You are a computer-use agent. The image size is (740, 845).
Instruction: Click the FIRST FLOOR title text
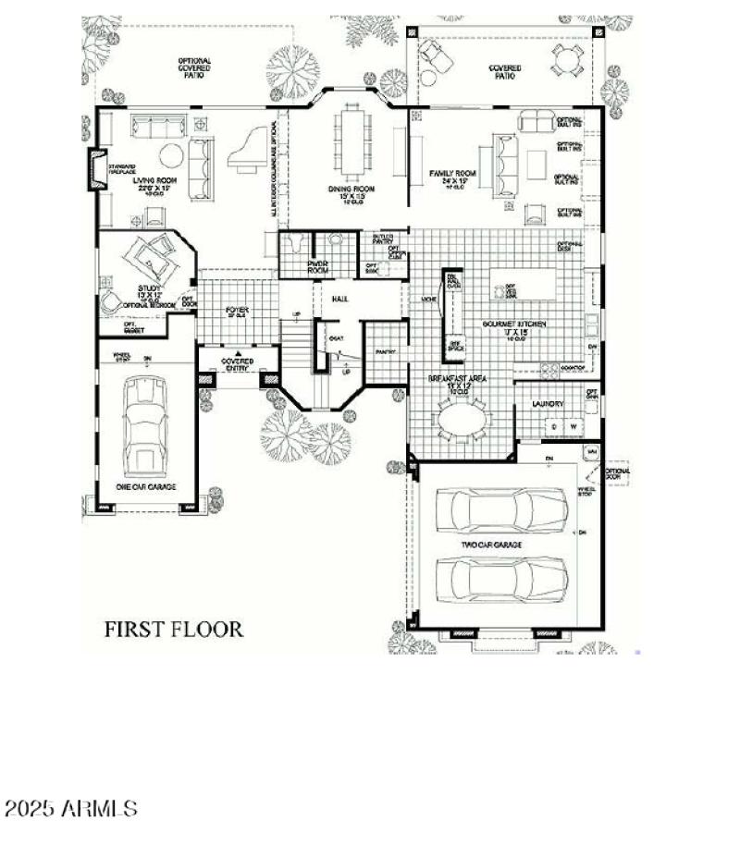coord(173,630)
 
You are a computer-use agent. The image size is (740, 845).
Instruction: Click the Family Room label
coord(452,174)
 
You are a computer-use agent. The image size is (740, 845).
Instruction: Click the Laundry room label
coord(548,404)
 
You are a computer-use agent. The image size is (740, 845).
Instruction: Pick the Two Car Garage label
coord(492,545)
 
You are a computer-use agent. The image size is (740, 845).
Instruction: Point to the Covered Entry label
coord(238,363)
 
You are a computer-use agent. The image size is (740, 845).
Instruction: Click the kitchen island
coord(525,286)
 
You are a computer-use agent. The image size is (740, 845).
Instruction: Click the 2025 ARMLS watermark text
coord(71,809)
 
